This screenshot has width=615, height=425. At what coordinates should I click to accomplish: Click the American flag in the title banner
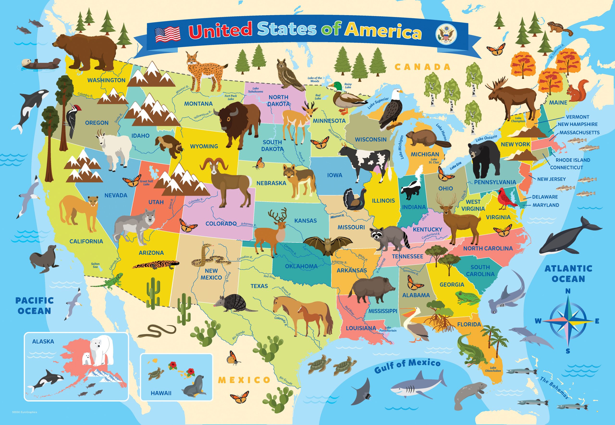[x=167, y=35]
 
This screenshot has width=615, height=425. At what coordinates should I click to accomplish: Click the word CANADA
[x=422, y=67]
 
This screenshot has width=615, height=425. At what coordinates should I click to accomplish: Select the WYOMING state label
[x=204, y=146]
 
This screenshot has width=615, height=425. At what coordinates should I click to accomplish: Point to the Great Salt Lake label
[x=146, y=183]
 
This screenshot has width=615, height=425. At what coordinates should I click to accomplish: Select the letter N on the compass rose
[x=568, y=291]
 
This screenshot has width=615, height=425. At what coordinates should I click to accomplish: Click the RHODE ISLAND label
[x=572, y=160]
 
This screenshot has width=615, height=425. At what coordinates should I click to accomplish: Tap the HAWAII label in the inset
[x=161, y=393]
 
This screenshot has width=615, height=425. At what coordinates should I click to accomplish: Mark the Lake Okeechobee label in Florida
[x=493, y=369]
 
